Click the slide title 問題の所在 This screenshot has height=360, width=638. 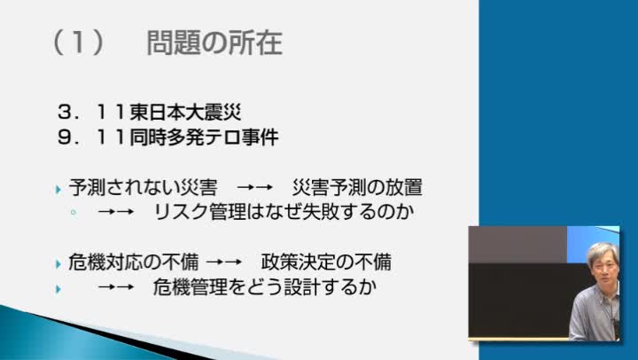(x=214, y=43)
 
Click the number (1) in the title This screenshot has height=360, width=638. (x=78, y=43)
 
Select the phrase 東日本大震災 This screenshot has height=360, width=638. (x=185, y=113)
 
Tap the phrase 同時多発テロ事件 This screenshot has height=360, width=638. (x=204, y=137)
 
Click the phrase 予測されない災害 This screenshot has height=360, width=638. (x=143, y=187)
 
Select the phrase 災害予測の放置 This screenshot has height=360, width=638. (x=358, y=187)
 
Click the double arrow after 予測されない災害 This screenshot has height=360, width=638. (x=254, y=188)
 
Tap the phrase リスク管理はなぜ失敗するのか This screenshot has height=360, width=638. (x=284, y=212)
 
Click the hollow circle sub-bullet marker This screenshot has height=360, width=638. (x=74, y=212)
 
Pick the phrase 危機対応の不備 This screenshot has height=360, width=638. (x=134, y=262)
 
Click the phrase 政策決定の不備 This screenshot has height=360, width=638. (x=326, y=262)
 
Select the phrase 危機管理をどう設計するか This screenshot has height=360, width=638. (x=264, y=287)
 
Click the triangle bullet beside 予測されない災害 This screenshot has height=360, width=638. (x=58, y=190)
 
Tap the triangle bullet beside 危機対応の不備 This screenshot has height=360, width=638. (x=58, y=264)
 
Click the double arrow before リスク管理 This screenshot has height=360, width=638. (x=116, y=212)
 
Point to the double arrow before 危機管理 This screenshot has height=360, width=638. (x=116, y=287)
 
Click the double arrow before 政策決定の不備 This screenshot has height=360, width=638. (x=224, y=262)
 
